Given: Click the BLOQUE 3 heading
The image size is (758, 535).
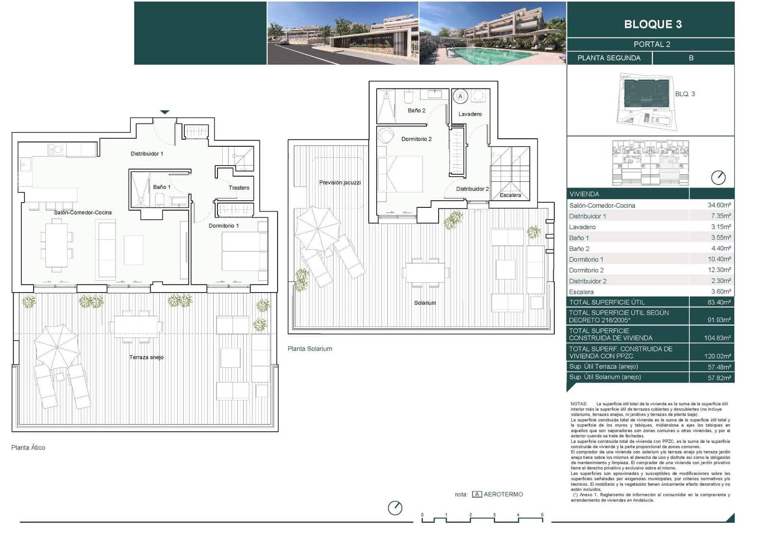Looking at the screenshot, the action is click(652, 24).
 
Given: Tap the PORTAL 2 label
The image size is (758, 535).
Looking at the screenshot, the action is click(651, 44).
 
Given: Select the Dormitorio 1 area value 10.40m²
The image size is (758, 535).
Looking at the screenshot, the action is click(719, 259).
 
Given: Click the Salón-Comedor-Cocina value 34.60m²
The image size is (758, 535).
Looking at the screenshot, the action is click(719, 205).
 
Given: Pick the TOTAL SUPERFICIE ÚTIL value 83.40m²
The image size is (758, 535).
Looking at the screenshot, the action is click(719, 302).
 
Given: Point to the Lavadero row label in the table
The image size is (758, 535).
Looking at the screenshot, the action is click(582, 227).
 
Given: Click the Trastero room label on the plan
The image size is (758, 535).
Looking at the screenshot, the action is click(239, 188).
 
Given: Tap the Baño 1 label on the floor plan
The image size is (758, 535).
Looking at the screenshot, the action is click(162, 187).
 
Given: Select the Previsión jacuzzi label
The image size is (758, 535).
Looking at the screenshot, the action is click(340, 182).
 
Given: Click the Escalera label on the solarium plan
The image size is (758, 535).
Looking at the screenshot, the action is click(510, 195).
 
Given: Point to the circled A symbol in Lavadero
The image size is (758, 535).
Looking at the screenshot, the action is click(460, 96).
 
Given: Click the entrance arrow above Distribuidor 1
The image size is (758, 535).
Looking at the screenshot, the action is click(164, 112).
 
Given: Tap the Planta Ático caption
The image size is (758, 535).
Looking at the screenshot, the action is click(28, 447).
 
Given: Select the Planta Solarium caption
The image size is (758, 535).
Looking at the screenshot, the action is click(310, 348).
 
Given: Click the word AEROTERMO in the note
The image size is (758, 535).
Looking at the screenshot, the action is click(503, 494).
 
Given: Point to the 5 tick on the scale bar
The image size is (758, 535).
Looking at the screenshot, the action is click(542, 515).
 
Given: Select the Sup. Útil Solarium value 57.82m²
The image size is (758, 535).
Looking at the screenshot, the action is click(719, 377).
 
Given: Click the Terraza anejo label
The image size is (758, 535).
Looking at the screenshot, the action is click(146, 357).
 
